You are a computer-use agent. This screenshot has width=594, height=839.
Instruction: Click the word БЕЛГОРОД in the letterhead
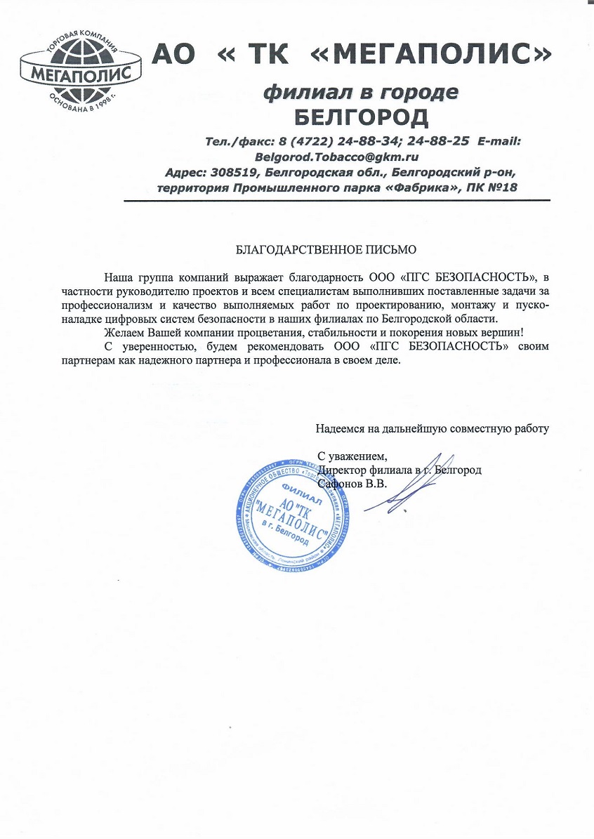(x=359, y=115)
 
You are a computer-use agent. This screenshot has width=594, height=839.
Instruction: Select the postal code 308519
(x=238, y=171)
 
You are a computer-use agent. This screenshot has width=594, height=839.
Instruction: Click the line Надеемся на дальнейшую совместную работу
(x=432, y=426)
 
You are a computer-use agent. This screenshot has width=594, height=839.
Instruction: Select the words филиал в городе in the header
(x=359, y=92)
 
